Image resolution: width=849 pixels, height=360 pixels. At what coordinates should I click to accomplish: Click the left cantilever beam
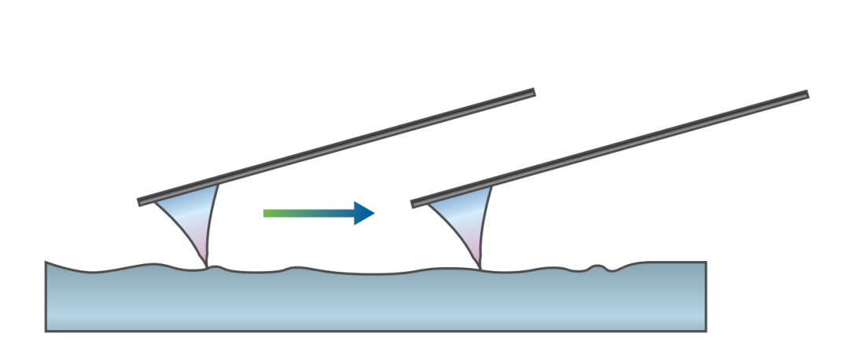click(336, 147)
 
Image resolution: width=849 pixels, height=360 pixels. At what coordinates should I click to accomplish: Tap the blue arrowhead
click(363, 213)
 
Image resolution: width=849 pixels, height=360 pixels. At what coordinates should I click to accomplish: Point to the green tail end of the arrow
click(266, 213)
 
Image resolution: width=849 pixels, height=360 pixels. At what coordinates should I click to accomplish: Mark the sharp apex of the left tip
click(207, 267)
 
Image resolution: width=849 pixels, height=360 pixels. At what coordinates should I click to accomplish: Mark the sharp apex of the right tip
click(480, 267)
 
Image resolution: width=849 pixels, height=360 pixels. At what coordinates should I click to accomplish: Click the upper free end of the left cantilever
click(532, 93)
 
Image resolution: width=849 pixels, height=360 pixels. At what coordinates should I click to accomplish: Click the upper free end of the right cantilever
click(806, 95)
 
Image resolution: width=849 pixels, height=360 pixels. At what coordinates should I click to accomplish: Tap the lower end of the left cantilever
click(141, 202)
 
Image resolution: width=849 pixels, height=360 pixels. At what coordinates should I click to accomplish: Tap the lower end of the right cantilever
click(414, 204)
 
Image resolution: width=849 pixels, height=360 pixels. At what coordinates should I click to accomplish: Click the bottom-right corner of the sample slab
click(705, 330)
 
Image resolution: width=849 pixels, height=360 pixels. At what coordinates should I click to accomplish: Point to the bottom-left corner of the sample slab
click(47, 330)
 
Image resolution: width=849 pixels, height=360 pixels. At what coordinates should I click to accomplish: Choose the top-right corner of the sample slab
click(705, 263)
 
